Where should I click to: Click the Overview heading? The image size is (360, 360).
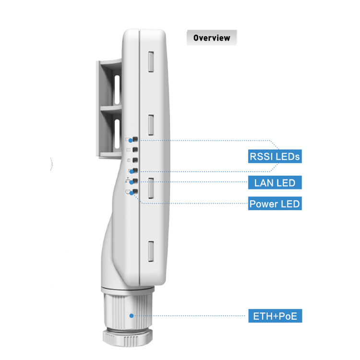(212, 38)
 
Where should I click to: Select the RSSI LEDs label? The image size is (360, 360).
(275, 156)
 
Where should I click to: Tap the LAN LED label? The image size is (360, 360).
(275, 182)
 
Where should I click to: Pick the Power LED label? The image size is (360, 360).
(275, 204)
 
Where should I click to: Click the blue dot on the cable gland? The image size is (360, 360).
(131, 316)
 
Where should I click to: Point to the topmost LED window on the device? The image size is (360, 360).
(136, 139)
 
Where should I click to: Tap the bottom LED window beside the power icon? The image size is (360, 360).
(136, 192)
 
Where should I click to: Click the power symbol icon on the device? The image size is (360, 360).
(128, 192)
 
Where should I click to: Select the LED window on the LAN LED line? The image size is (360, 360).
(136, 181)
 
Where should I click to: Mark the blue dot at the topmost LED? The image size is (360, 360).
(131, 140)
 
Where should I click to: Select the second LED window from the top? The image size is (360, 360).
(136, 150)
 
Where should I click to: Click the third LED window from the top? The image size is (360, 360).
(136, 160)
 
